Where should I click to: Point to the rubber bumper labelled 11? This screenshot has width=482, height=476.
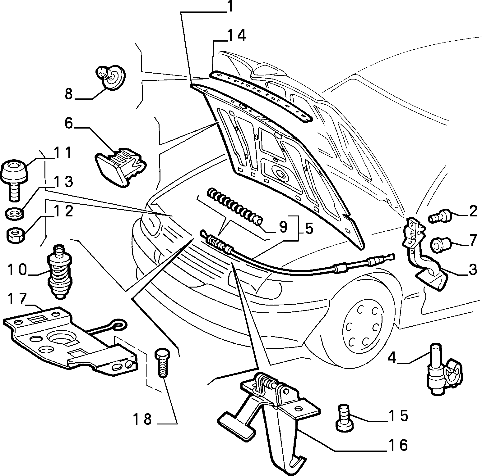pyautogui.click(x=14, y=177)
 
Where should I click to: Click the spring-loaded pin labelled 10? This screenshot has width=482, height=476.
pyautogui.click(x=60, y=272)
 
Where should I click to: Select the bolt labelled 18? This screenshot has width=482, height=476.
pyautogui.click(x=162, y=362)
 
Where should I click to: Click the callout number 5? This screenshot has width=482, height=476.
pyautogui.click(x=307, y=229)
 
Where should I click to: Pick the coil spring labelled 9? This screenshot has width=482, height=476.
pyautogui.click(x=235, y=207)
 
